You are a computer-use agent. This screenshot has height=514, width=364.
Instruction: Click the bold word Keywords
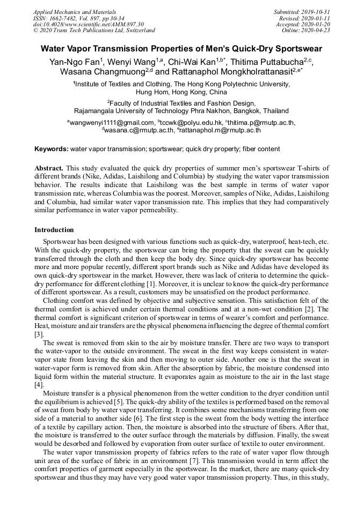click(x=51, y=148)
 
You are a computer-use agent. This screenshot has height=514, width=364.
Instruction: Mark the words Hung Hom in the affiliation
click(x=151, y=92)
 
